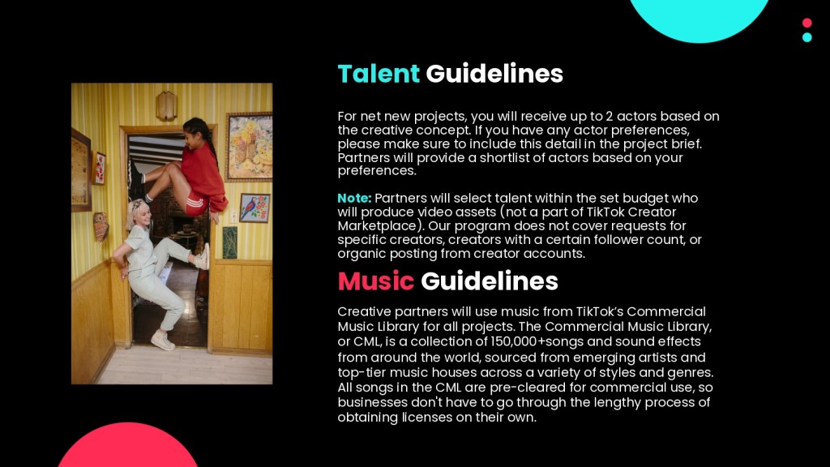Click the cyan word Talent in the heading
[x=379, y=74]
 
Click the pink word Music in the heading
[x=376, y=281]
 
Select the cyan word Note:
[x=355, y=198]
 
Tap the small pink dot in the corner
[x=806, y=23]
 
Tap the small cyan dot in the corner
[x=806, y=37]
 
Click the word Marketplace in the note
[x=377, y=226]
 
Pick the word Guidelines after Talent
[x=494, y=74]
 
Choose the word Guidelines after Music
[x=490, y=281]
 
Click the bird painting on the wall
[x=255, y=208]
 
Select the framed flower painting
[x=249, y=147]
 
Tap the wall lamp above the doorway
[x=166, y=105]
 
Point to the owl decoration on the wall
[x=100, y=226]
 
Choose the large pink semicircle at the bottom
[x=127, y=446]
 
